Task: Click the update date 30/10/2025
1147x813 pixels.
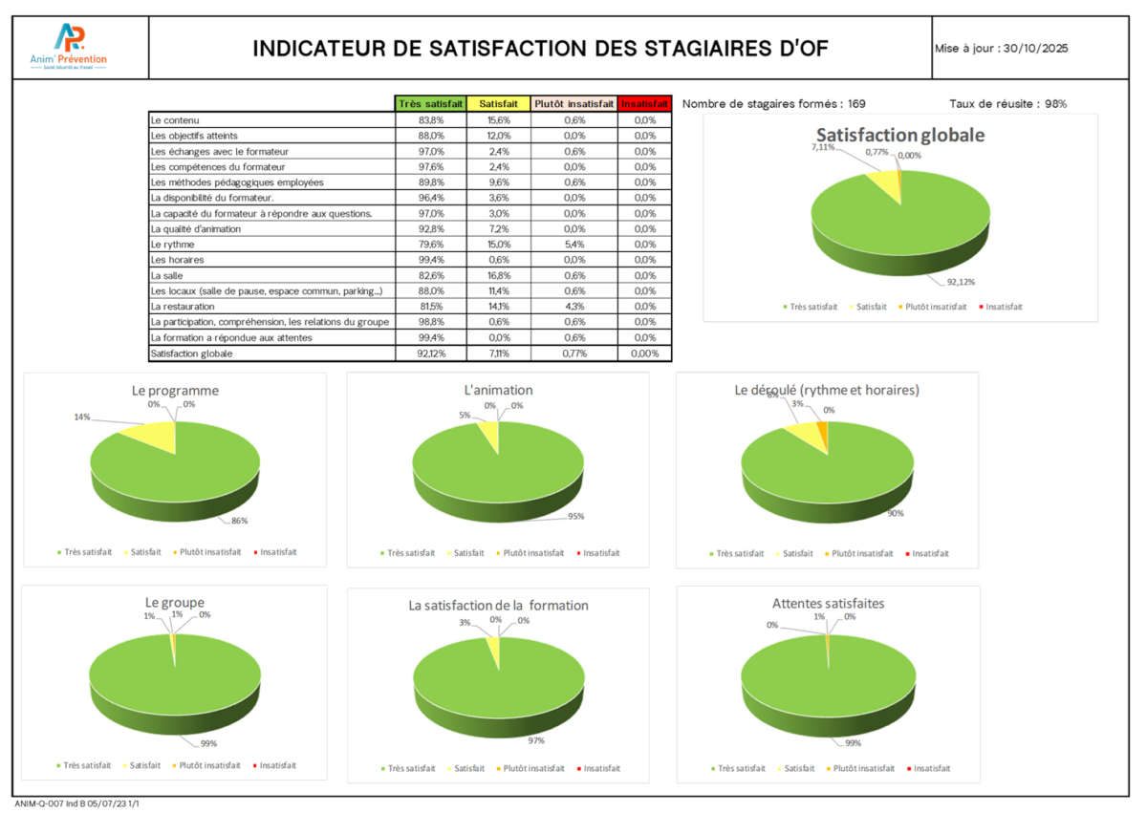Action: coord(1034,48)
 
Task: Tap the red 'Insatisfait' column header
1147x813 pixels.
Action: coord(644,103)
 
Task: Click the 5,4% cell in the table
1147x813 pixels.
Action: coord(573,244)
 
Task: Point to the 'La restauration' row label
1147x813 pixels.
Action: coord(182,307)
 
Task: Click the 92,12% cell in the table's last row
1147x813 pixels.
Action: coord(430,353)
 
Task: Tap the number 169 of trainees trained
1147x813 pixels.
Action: coord(856,103)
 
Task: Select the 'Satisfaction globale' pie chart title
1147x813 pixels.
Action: coord(899,135)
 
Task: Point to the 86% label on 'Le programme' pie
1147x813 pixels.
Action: coord(239,521)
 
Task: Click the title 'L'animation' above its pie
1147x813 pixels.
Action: coord(498,390)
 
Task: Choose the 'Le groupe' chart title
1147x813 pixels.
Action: coord(174,603)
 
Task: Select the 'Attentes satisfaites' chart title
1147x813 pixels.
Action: coord(828,604)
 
